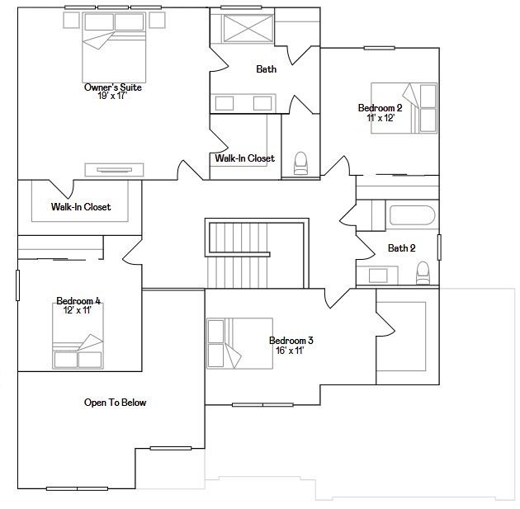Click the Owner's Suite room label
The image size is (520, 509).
[x=113, y=87]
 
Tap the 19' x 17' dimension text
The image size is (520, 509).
[x=112, y=96]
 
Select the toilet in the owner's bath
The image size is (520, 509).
[x=300, y=163]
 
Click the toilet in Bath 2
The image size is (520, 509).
[x=423, y=273]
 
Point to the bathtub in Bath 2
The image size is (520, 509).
[x=412, y=215]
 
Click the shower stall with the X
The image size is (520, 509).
[x=248, y=29]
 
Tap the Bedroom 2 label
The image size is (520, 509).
[x=380, y=108]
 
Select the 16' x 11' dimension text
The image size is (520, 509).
[x=291, y=351]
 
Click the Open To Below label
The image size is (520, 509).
[x=115, y=403]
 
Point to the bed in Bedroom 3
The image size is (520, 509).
[x=239, y=344]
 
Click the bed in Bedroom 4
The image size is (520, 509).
[x=78, y=336]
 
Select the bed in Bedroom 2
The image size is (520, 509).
[x=404, y=108]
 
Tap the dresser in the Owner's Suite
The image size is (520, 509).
[x=115, y=170]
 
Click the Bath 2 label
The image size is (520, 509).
[x=402, y=247]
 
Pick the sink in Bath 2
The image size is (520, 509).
[x=378, y=276]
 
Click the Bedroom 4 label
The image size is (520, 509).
[x=78, y=301]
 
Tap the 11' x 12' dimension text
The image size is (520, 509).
[x=381, y=118]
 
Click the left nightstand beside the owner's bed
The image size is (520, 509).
[x=71, y=20]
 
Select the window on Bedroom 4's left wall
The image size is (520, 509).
[x=18, y=285]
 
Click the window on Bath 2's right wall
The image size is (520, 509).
[x=439, y=247]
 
